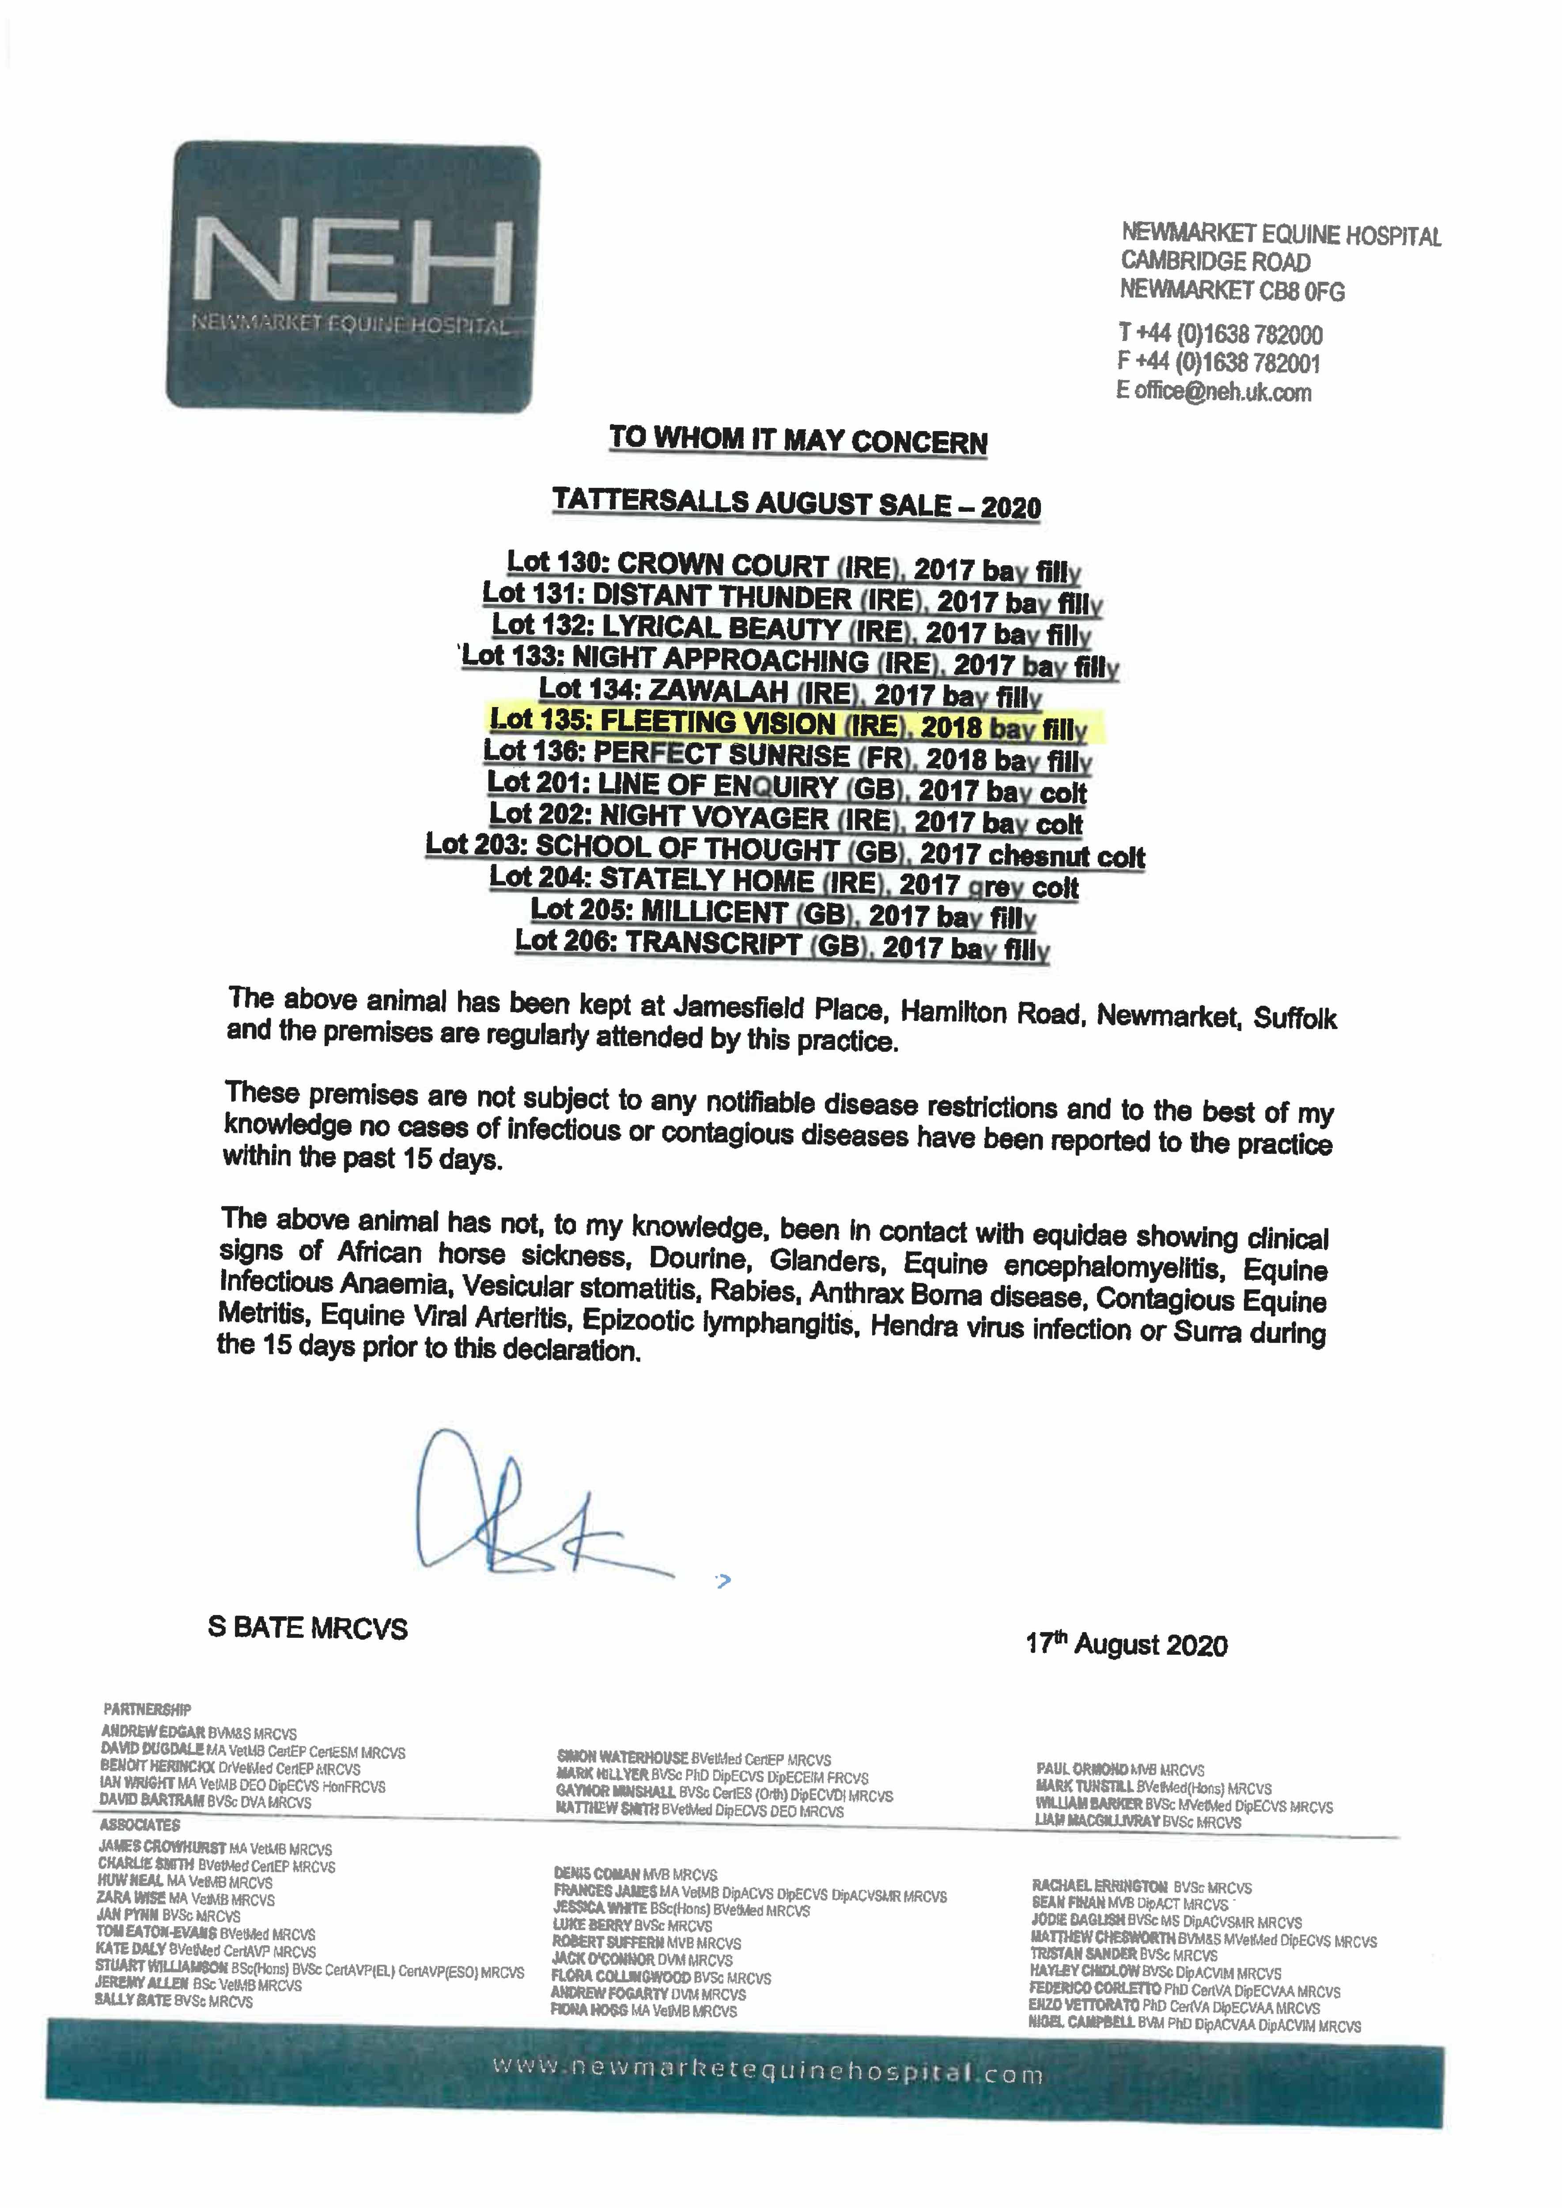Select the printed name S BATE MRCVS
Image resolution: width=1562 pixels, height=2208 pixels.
[x=308, y=1628]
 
